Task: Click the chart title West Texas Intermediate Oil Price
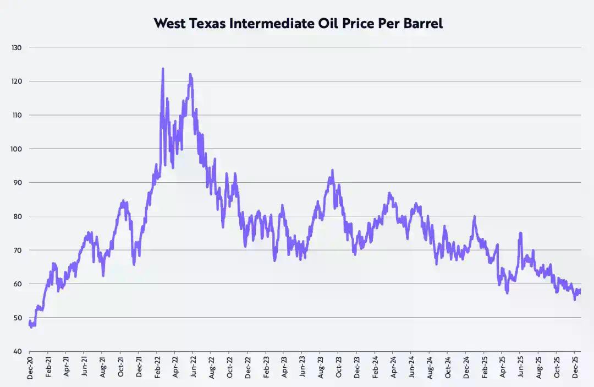(x=298, y=24)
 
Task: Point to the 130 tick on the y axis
(x=16, y=48)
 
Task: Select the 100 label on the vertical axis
(x=16, y=149)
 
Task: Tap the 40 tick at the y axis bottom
(x=18, y=351)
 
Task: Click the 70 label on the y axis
(x=18, y=250)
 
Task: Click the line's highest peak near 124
(x=163, y=69)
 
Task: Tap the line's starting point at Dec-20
(x=29, y=323)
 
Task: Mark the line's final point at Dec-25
(x=580, y=291)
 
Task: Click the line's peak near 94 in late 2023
(x=332, y=171)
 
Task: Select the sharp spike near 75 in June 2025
(x=520, y=233)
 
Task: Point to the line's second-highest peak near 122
(x=190, y=74)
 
